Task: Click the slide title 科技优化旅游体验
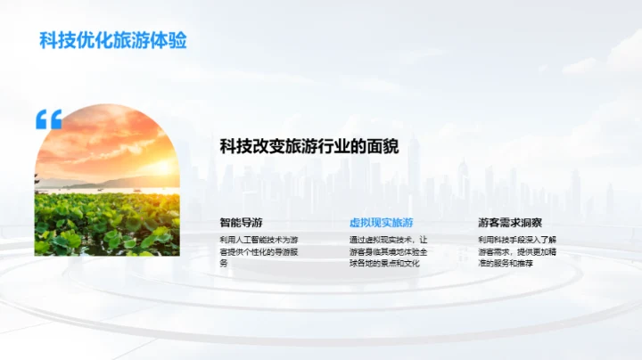pos(113,40)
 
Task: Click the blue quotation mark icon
pos(48,119)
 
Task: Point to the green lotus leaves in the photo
pos(107,227)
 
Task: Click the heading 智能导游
pos(241,222)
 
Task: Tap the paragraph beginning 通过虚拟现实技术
pos(389,251)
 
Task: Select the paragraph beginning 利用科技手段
pos(517,251)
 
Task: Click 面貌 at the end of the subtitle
pos(382,146)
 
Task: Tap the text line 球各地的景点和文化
pos(384,263)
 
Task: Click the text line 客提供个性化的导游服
pos(259,251)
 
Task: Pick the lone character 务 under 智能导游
pos(224,263)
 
